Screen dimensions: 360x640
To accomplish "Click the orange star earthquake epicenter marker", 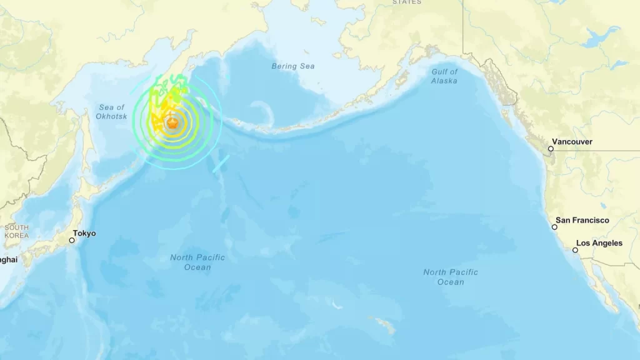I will (172, 124).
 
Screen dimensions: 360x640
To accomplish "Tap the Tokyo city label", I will (84, 233).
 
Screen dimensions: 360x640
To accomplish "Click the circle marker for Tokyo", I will (72, 240).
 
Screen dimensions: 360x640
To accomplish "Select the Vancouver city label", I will (574, 142).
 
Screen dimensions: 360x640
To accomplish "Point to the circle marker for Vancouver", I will (551, 149).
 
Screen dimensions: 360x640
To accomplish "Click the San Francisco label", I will (582, 220).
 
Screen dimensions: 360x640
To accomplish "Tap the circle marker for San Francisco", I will (554, 227).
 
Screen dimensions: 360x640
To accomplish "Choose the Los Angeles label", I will (599, 243).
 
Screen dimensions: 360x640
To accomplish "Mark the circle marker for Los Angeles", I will (575, 250).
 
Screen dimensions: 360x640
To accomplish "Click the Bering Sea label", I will (293, 66).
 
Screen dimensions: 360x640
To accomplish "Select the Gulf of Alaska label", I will (444, 76).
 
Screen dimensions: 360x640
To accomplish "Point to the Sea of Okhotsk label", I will (111, 112).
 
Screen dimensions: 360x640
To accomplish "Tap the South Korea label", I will (16, 231).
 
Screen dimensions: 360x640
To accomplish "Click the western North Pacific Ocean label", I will (197, 262).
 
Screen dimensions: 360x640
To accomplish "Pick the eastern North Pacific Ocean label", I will (451, 277).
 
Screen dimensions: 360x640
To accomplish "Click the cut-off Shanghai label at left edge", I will (9, 259).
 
